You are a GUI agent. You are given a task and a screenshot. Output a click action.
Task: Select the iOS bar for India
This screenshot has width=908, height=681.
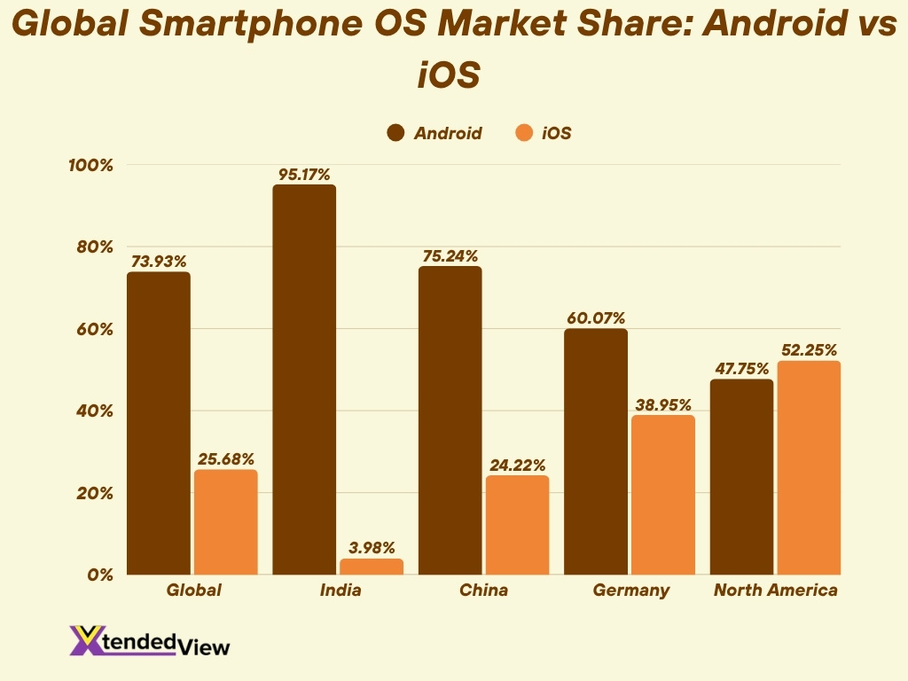tap(372, 567)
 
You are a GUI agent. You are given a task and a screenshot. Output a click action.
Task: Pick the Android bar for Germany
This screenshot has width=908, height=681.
tap(595, 451)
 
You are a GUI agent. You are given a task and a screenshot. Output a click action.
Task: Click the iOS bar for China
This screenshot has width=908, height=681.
tap(517, 525)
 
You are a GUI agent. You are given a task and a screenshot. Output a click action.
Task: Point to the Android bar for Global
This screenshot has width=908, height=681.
tap(158, 423)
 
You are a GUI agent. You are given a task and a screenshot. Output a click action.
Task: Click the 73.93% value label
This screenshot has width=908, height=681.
tap(159, 262)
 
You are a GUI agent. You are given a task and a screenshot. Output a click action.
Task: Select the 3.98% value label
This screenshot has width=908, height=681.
tap(372, 548)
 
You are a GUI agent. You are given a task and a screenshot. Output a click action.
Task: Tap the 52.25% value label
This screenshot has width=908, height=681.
tap(809, 350)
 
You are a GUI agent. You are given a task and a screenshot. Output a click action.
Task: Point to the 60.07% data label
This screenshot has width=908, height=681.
tap(595, 318)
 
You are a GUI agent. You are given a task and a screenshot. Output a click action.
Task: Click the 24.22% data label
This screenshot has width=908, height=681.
tap(517, 465)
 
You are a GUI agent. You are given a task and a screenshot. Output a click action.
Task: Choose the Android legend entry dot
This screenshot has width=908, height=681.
tap(395, 134)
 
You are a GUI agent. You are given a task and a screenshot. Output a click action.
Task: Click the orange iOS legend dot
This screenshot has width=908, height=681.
tap(523, 134)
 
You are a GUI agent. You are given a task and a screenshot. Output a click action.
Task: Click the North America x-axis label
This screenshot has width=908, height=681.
tap(776, 591)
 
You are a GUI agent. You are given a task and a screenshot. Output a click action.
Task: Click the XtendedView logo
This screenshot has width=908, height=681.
tap(149, 641)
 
